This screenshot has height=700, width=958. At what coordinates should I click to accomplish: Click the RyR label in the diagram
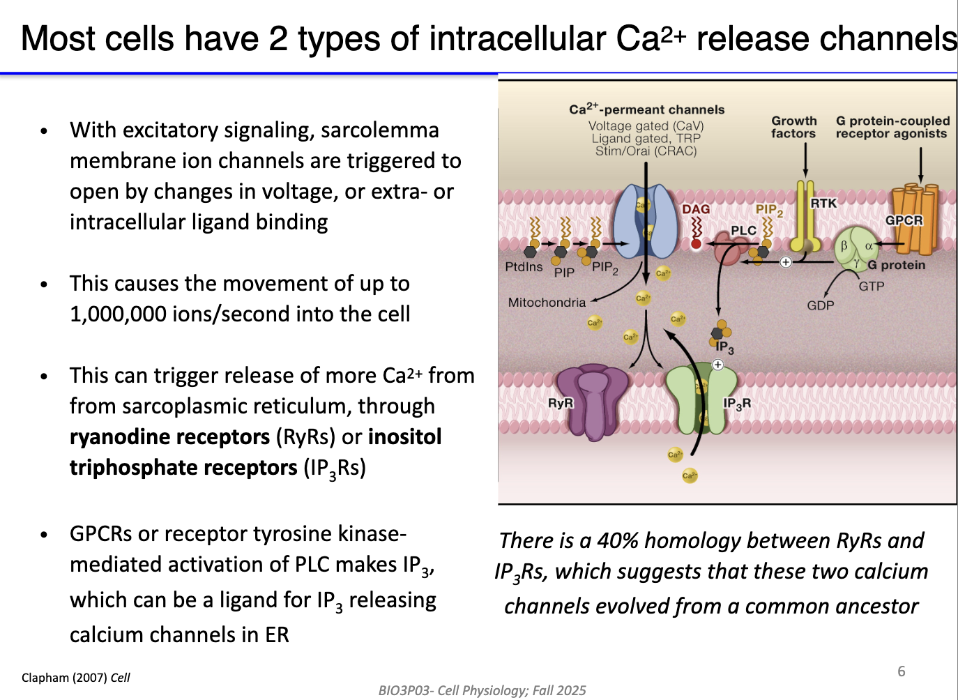pyautogui.click(x=560, y=403)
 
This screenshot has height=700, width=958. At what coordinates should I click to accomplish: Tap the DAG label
pyautogui.click(x=695, y=209)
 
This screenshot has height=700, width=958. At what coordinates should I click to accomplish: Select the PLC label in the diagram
pyautogui.click(x=743, y=230)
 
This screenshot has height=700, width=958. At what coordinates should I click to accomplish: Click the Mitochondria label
pyautogui.click(x=547, y=303)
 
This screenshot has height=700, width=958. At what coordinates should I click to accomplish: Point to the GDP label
pyautogui.click(x=820, y=305)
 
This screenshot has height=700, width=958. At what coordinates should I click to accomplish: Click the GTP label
pyautogui.click(x=871, y=286)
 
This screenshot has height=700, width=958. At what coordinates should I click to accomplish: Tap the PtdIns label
pyautogui.click(x=524, y=266)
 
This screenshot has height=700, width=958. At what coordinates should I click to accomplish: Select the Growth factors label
pyautogui.click(x=793, y=127)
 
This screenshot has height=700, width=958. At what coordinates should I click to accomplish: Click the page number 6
pyautogui.click(x=901, y=671)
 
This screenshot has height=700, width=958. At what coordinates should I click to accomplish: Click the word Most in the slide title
pyautogui.click(x=62, y=38)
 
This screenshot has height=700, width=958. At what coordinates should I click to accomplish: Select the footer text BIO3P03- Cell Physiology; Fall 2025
pyautogui.click(x=482, y=690)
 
